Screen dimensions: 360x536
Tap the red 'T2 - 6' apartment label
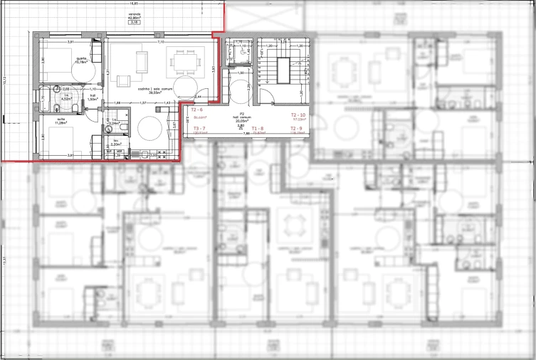tap(198, 111)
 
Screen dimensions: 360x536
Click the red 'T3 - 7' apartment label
tap(200, 128)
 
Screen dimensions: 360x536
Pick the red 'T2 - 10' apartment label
tap(298, 115)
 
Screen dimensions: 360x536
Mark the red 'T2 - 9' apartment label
tap(298, 128)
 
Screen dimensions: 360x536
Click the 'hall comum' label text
tap(242, 117)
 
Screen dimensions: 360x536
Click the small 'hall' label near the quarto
tap(93, 95)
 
